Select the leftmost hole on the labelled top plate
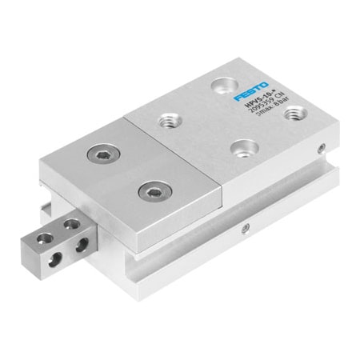click(168, 121)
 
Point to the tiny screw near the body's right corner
click(321, 148)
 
